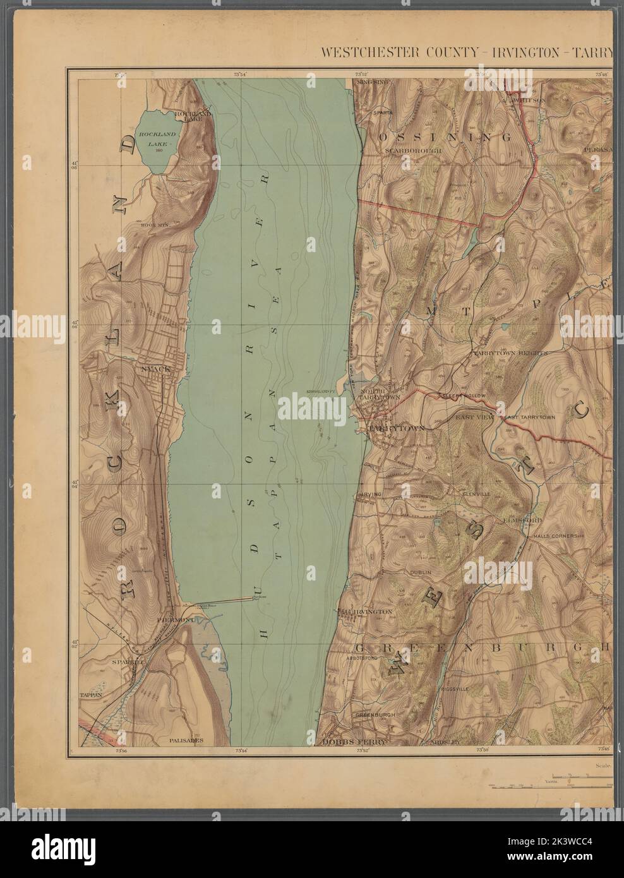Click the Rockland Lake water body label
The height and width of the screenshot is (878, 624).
tap(155, 139)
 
